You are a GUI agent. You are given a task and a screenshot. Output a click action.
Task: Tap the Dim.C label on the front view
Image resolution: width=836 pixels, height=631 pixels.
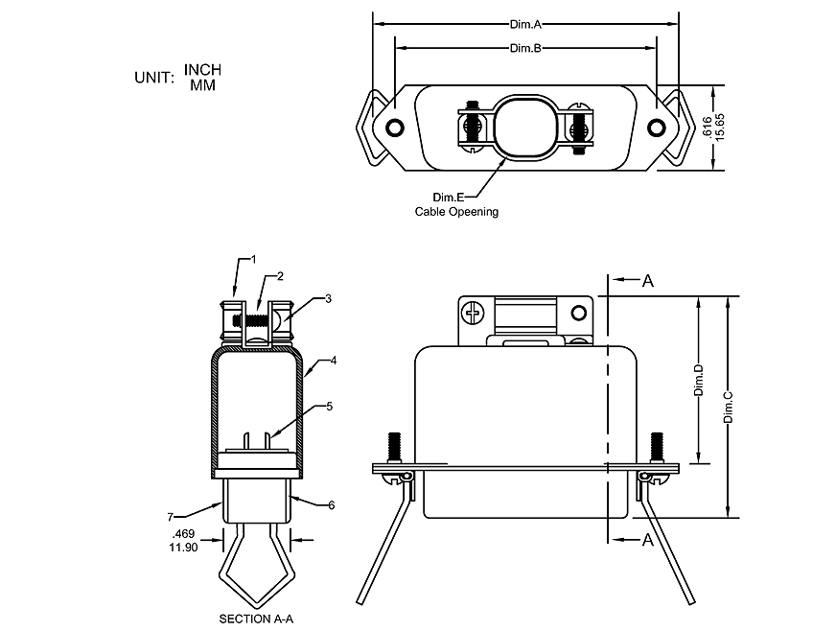[x=729, y=407]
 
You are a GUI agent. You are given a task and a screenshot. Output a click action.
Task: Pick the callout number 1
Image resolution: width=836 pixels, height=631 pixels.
[x=254, y=259]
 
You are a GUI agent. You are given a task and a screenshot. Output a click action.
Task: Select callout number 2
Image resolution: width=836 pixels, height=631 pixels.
[x=280, y=276]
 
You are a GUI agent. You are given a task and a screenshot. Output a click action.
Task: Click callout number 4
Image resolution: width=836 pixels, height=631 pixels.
[x=333, y=362]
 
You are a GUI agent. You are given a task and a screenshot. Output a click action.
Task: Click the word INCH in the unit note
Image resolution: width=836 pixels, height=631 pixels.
[x=202, y=70]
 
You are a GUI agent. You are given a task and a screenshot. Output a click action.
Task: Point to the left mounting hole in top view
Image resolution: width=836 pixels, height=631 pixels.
[x=393, y=129]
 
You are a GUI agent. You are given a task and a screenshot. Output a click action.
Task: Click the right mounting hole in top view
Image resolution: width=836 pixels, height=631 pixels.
[x=657, y=129]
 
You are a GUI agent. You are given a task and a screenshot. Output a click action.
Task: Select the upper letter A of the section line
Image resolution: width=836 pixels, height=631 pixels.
[x=648, y=281]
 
